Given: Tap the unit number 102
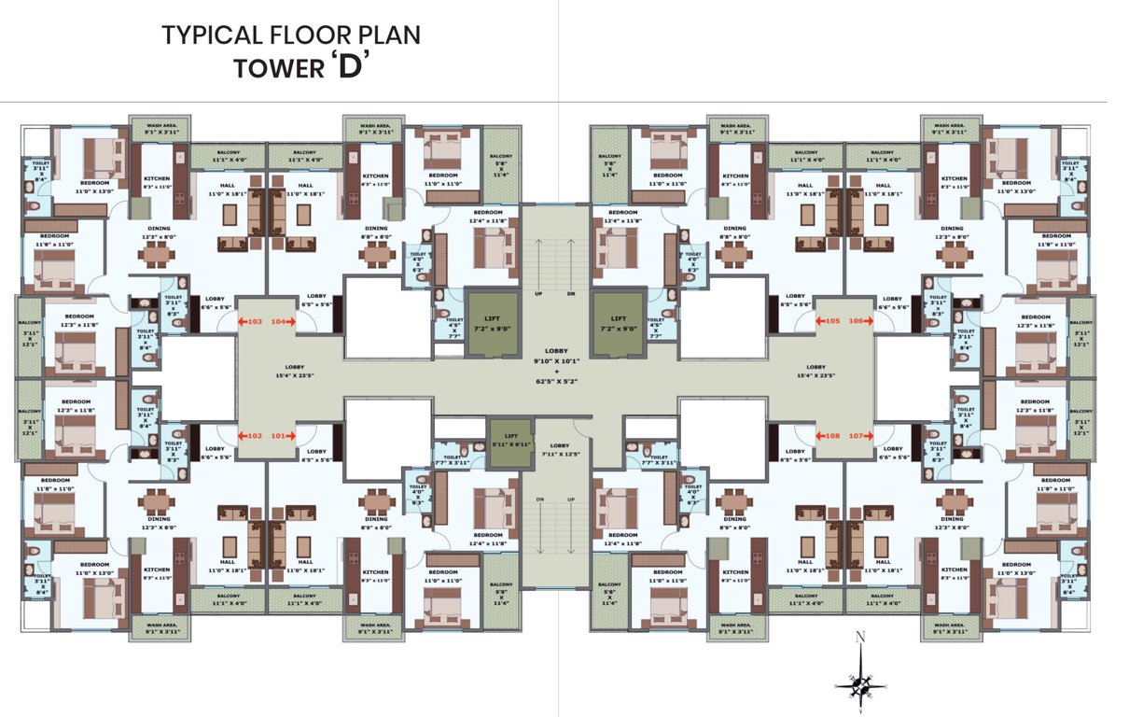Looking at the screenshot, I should coord(253,435).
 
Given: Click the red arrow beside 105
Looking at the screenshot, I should coord(819,321).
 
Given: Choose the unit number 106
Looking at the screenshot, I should coord(857,321).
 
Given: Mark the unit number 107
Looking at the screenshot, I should coord(857,435).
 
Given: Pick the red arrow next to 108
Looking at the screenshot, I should coord(819,435).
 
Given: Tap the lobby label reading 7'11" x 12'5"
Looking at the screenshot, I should coord(560,454).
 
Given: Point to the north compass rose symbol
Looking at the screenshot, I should coord(859,684).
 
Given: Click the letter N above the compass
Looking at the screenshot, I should coord(860,639).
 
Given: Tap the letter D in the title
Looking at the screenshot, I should coord(349,70).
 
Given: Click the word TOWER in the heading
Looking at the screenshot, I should coord(275,70).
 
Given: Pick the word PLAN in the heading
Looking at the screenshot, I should coord(389,35).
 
